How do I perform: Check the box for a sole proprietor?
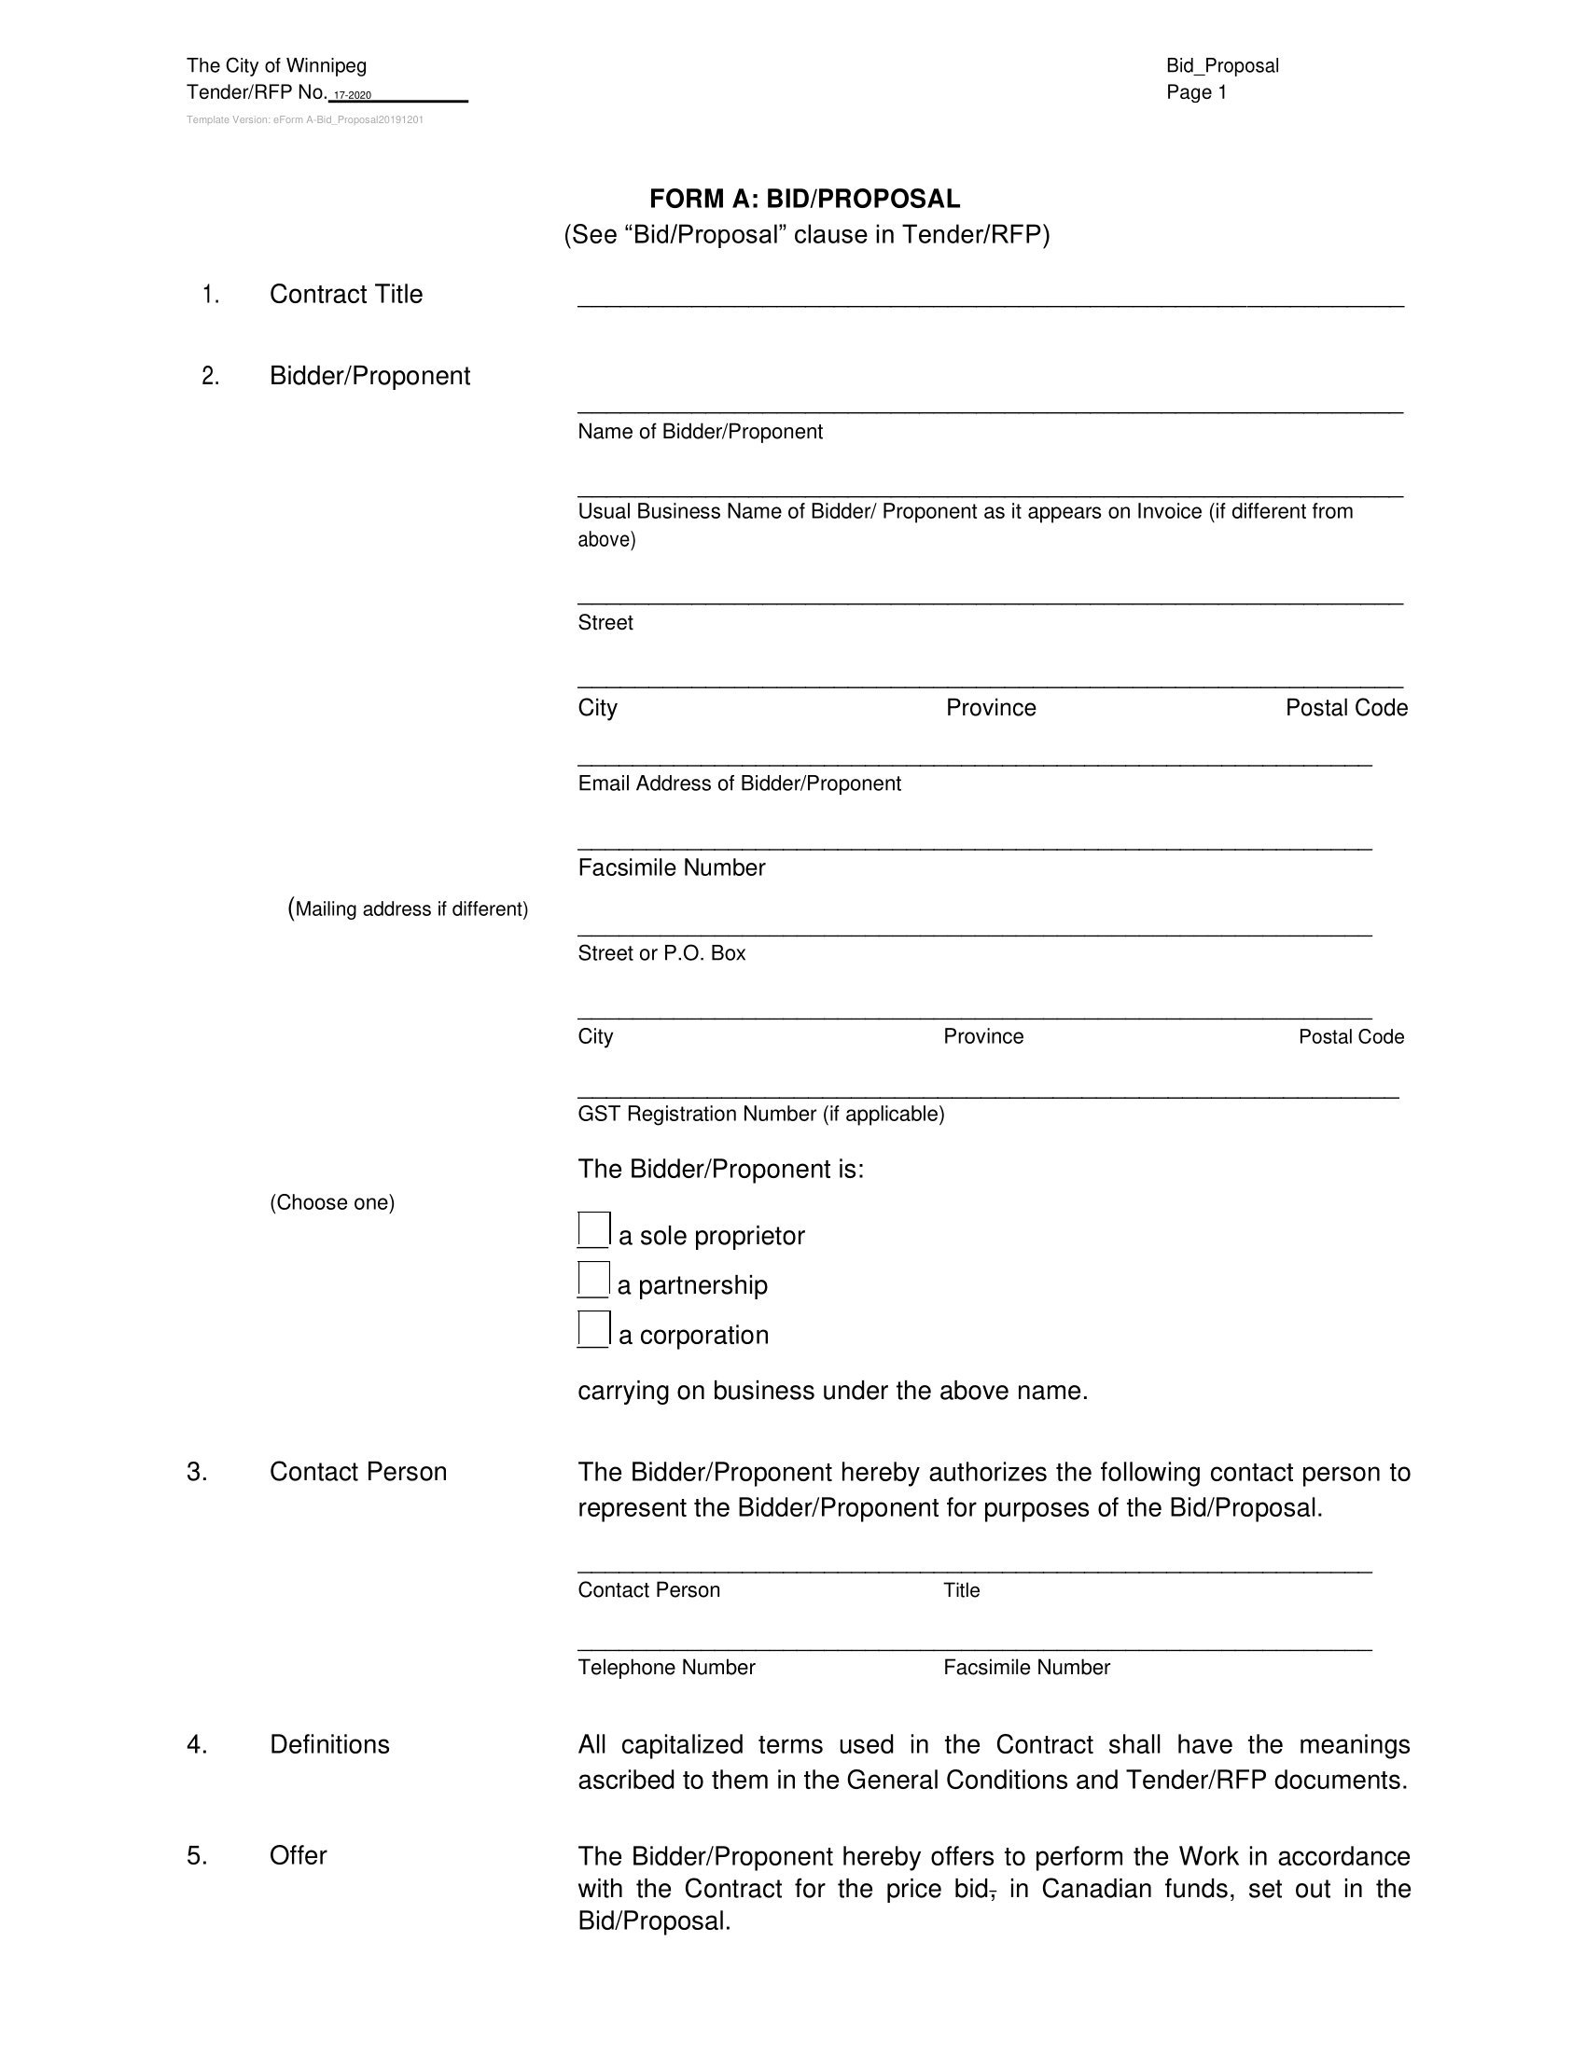point(593,1229)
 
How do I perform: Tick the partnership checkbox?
point(593,1279)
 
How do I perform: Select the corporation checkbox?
point(593,1328)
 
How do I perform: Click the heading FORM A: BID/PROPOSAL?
point(805,200)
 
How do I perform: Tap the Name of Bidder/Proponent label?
point(700,431)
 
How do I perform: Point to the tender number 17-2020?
point(354,96)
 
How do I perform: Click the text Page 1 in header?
point(1196,92)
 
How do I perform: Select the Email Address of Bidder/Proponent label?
point(740,783)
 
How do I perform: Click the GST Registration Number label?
point(761,1114)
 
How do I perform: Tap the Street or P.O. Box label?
point(661,952)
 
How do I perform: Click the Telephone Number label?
point(666,1667)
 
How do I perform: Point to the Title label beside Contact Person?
point(961,1589)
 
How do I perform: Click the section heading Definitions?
point(328,1744)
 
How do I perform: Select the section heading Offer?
point(298,1854)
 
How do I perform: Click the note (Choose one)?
point(332,1202)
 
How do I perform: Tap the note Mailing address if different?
point(409,908)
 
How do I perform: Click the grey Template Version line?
point(304,120)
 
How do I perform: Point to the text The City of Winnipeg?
point(276,66)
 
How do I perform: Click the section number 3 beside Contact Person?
point(196,1471)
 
